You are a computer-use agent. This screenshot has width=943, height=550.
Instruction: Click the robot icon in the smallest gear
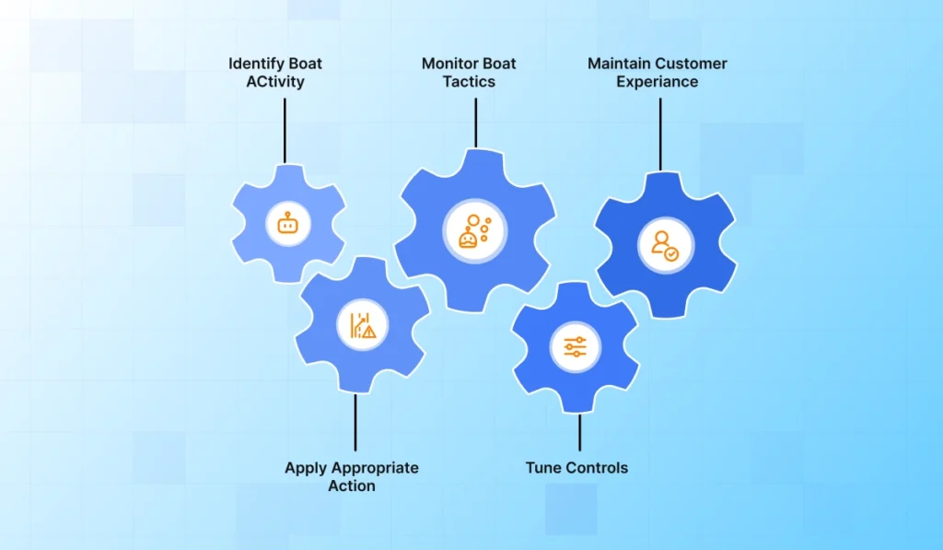point(288,222)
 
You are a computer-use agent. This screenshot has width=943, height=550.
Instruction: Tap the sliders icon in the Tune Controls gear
point(576,347)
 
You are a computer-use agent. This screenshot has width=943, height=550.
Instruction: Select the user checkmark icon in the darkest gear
point(665,246)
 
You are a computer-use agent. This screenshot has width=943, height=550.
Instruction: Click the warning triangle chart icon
point(362,326)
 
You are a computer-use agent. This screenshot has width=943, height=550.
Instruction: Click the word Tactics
point(469,82)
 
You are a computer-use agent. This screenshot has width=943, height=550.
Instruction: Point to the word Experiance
point(658,82)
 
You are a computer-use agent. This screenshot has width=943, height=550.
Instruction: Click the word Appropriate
point(376,468)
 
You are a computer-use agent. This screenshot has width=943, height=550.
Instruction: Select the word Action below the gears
point(352,486)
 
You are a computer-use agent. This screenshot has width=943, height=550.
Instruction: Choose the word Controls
point(596,468)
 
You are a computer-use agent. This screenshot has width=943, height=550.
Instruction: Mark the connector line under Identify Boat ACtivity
point(285,130)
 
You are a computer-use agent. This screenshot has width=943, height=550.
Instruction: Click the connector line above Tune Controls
point(579,431)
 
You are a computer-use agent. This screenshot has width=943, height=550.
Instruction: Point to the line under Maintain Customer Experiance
point(660,134)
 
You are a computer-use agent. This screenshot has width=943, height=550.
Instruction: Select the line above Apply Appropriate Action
point(355,423)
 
